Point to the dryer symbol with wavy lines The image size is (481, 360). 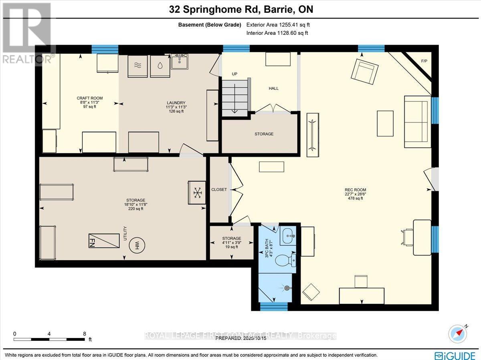click(137, 66)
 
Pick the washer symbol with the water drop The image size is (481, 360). click(160, 66)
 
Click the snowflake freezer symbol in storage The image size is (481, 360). click(197, 193)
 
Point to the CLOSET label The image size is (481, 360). click(219, 189)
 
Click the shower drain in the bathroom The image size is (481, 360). click(287, 288)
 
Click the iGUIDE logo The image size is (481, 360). click(455, 355)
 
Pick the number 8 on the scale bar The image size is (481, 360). click(84, 334)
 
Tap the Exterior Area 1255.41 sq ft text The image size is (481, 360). click(278, 25)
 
